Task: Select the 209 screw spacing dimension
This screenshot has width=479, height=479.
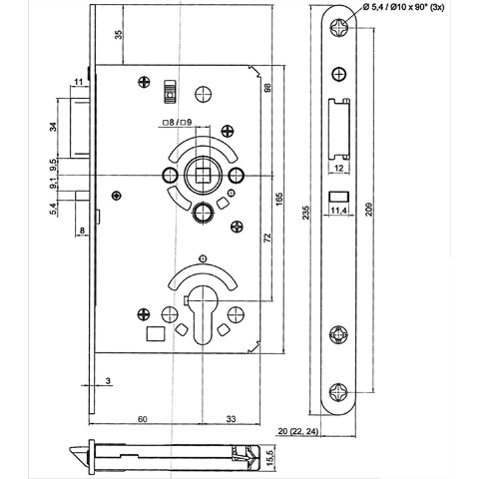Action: click(369, 209)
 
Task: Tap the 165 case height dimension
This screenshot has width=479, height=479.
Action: click(279, 199)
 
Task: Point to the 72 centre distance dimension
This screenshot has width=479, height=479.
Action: click(267, 238)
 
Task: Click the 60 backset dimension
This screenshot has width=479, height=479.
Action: click(142, 419)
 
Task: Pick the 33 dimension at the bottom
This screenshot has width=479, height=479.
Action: click(231, 419)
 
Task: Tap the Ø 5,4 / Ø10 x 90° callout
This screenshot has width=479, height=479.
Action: click(403, 7)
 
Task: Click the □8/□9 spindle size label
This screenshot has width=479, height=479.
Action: click(177, 123)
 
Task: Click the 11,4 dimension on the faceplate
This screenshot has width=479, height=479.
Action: click(339, 210)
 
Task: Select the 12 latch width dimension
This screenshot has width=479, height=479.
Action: click(339, 168)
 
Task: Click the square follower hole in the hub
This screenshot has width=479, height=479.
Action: click(202, 175)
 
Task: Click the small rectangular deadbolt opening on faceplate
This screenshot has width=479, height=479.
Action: click(339, 196)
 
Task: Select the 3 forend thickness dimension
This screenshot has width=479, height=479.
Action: click(108, 381)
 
